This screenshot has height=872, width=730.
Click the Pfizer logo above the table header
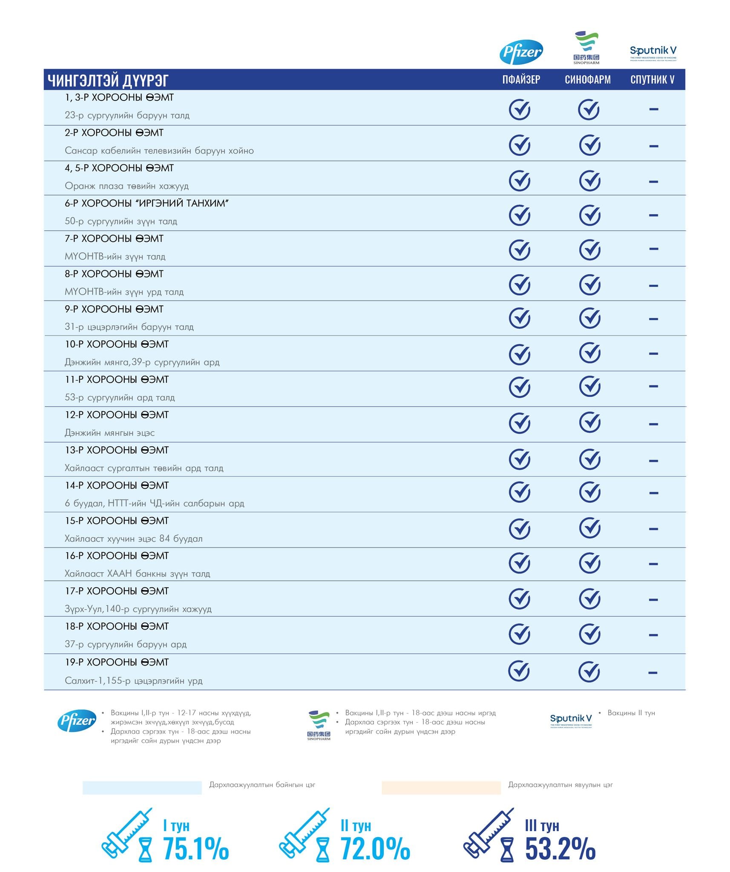pos(521,52)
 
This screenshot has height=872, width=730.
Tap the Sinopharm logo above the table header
pos(586,47)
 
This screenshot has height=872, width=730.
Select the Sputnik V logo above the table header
pos(653,53)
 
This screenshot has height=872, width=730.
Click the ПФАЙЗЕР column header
pos(521,80)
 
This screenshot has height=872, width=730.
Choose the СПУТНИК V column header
pos(652,80)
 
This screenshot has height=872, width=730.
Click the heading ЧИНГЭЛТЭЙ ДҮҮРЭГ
pos(108,80)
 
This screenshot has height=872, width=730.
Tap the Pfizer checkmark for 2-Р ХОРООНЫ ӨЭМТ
pos(520,145)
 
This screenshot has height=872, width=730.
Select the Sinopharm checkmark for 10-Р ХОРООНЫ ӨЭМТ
pos(589,353)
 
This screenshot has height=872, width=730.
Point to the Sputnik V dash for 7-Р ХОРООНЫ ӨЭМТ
pos(653,249)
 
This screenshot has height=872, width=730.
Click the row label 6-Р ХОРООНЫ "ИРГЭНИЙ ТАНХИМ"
pos(147,204)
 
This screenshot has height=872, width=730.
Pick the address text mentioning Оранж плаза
pos(126,186)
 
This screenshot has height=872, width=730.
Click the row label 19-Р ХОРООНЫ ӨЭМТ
pos(117,662)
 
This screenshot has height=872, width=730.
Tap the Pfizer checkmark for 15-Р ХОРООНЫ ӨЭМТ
pos(520,529)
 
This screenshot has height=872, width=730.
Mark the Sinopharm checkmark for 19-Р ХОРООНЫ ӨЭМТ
pos(589,671)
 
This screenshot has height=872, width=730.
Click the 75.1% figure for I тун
pos(196,848)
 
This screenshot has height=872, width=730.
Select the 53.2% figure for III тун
pos(560,848)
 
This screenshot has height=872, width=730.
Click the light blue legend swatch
pos(142,787)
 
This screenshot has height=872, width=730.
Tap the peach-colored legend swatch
pos(441,787)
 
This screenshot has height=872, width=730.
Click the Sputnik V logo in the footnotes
pos(571,720)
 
